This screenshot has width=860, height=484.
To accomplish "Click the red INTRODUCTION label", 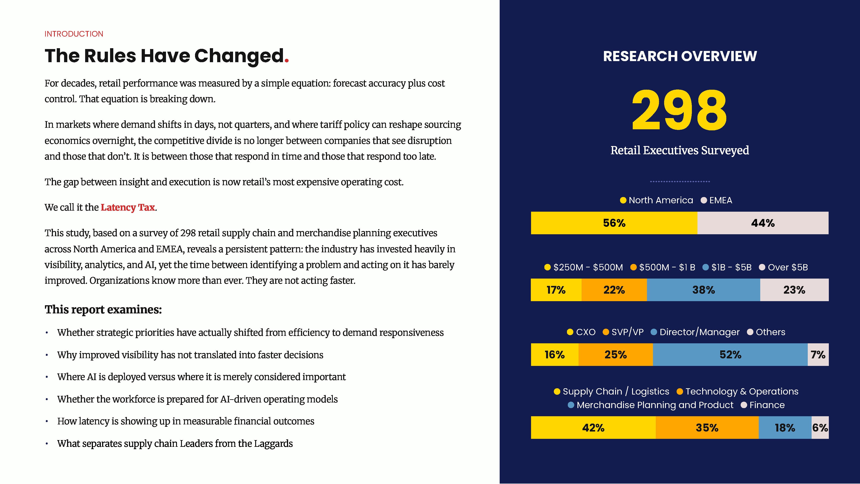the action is (74, 34).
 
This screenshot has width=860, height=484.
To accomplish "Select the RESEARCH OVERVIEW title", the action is (680, 56).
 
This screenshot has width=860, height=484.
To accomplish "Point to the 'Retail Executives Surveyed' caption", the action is (680, 150).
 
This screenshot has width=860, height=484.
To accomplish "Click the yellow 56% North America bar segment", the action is (614, 223).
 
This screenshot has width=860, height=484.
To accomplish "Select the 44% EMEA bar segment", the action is (763, 223).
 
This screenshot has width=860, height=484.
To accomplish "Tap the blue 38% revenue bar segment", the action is (703, 290).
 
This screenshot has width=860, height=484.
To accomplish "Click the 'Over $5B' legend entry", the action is (783, 267).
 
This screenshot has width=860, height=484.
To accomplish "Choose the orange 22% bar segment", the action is (614, 290).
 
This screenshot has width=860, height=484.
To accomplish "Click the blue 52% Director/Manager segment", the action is (730, 355).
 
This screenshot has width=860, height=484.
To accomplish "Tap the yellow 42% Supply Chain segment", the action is (593, 428).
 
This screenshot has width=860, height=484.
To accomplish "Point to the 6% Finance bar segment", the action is (820, 428).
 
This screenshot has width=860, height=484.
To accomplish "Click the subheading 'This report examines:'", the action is (103, 310).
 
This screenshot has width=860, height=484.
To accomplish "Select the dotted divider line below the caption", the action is (680, 181).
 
